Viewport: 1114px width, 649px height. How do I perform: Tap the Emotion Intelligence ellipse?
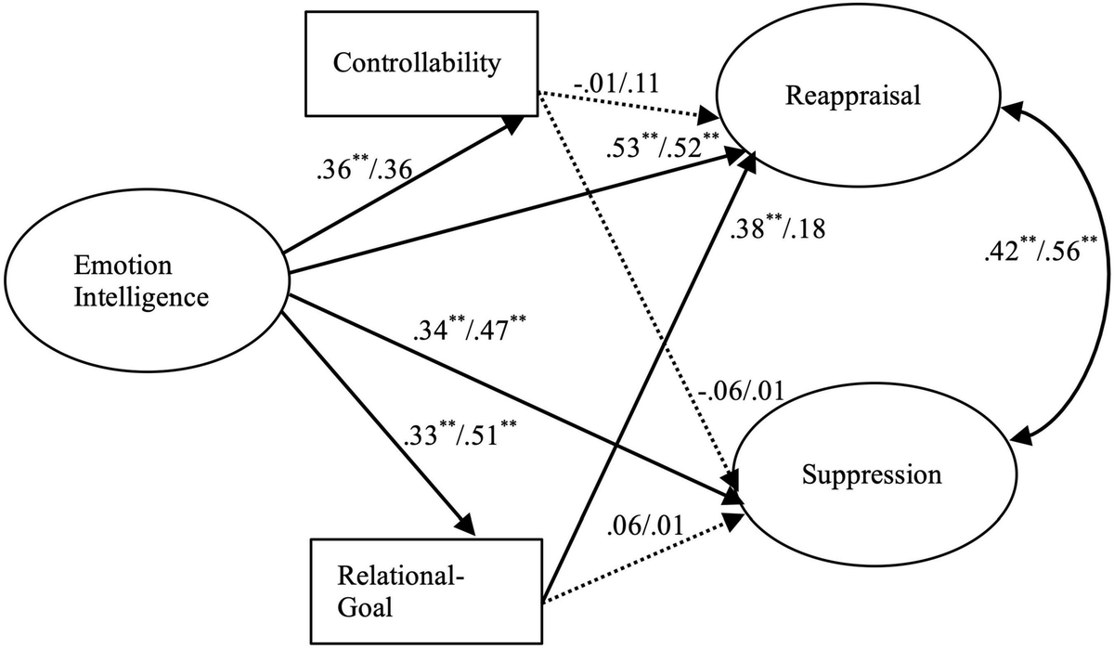tap(147, 281)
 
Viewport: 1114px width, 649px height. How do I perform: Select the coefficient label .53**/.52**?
tap(665, 148)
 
